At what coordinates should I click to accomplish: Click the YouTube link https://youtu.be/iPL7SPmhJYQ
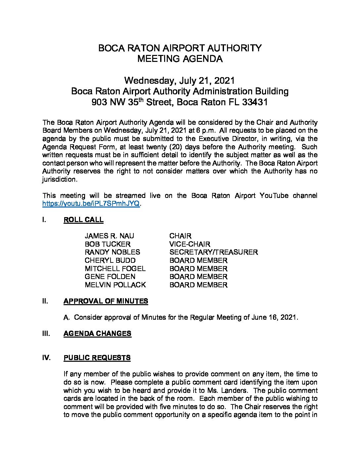pos(91,204)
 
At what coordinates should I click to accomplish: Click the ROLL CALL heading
pos(83,220)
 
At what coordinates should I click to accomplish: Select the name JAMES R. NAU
pos(110,236)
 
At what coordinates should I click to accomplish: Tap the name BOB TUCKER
pos(108,244)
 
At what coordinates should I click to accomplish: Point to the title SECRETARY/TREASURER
pos(213,252)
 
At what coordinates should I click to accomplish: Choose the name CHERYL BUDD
pos(110,260)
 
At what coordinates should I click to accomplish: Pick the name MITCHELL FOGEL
pos(115,269)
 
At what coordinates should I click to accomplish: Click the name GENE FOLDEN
pos(110,277)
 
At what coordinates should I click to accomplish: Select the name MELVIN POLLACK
pos(115,285)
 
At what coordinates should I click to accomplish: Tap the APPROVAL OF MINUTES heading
pos(106,301)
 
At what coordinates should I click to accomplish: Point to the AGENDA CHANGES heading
pos(97,334)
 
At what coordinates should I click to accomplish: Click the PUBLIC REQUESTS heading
pos(97,358)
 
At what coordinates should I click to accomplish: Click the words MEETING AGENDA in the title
pos(180,59)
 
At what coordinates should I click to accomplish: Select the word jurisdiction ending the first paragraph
pos(60,179)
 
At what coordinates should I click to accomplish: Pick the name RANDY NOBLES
pos(112,252)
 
